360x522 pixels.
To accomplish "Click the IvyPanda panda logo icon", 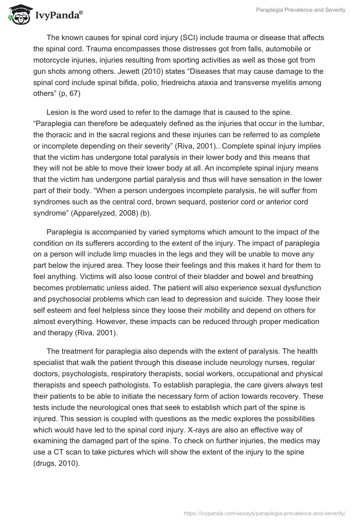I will (x=17, y=14).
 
